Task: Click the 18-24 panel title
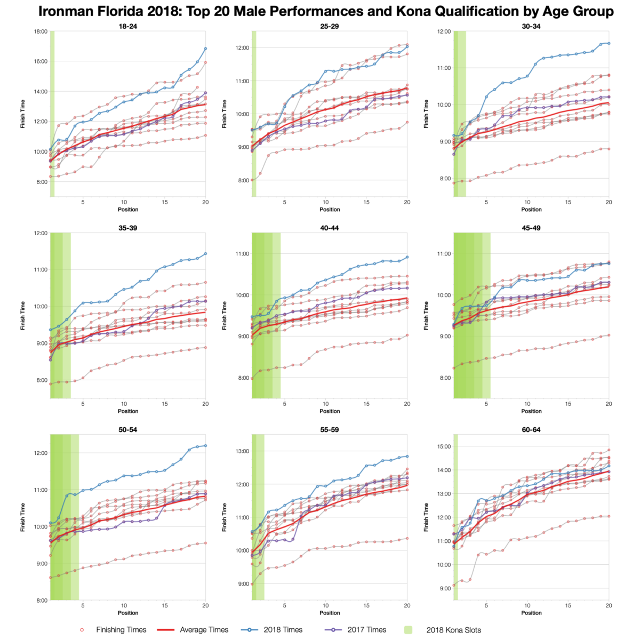click(x=128, y=26)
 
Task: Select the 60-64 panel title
click(x=531, y=429)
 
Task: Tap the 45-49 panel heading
click(x=531, y=228)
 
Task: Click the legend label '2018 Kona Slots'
click(x=453, y=630)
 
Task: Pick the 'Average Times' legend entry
click(x=204, y=630)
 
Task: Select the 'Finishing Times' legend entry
click(x=121, y=630)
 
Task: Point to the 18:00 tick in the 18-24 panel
click(x=41, y=31)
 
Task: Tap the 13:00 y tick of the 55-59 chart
click(x=242, y=451)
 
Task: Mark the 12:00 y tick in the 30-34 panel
click(x=444, y=31)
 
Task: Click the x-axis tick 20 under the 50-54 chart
click(x=205, y=605)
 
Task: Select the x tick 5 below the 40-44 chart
click(x=284, y=404)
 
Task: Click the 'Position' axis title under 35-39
click(x=128, y=411)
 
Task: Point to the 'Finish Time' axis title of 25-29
click(x=225, y=114)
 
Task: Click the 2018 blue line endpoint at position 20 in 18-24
click(x=205, y=49)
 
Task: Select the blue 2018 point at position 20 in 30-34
click(x=609, y=43)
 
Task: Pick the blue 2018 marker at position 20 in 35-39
click(x=205, y=254)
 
